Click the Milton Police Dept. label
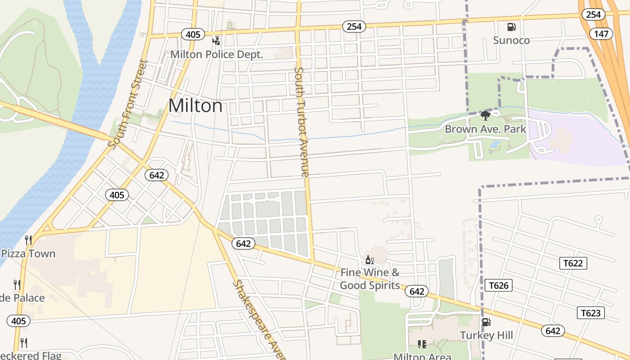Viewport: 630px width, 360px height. pos(216,54)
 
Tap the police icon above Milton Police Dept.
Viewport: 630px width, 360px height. pos(216,41)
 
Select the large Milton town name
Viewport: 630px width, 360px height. pos(195,106)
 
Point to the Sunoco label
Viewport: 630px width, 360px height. pos(511,40)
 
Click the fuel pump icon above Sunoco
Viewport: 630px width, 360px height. pos(511,27)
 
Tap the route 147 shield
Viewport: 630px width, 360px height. pos(601,34)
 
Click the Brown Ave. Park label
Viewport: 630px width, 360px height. pos(485,130)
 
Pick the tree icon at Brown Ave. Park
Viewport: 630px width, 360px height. pos(485,116)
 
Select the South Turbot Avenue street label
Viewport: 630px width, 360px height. pos(301,121)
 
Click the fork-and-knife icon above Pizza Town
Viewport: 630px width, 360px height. pos(28,240)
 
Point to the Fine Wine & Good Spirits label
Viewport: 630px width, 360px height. pos(369,279)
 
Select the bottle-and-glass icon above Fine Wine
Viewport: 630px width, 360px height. pos(369,260)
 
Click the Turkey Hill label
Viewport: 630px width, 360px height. pos(486,335)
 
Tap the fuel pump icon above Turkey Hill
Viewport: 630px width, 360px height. pos(486,322)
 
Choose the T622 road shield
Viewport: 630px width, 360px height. pos(573,263)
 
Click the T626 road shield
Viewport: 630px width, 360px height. pos(499,285)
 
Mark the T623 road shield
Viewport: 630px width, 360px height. pos(591,313)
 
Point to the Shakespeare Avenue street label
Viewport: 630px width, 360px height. pos(259,319)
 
